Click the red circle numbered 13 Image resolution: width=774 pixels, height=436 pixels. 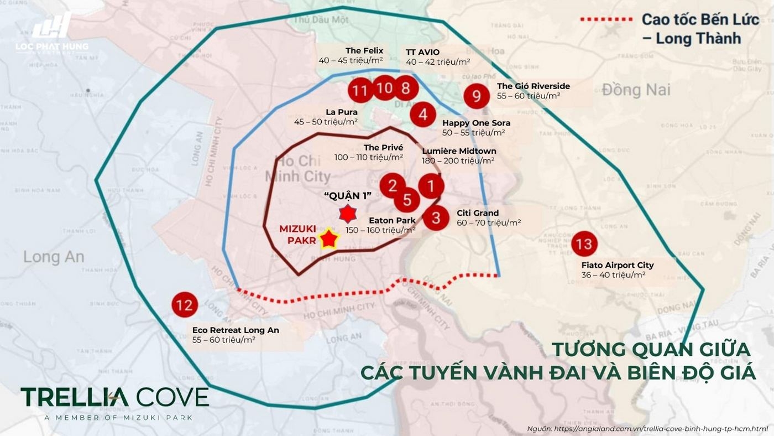(x=584, y=244)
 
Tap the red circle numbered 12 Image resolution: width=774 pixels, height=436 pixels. (x=185, y=305)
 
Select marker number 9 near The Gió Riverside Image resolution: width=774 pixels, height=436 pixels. (x=477, y=96)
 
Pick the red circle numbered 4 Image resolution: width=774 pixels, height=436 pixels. (x=423, y=115)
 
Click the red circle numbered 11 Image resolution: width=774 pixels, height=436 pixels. (x=361, y=90)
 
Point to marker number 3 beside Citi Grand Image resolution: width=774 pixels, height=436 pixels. (x=436, y=217)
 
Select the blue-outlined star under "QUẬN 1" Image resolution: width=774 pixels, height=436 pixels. (x=347, y=213)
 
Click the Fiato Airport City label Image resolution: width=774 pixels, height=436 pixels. (x=618, y=265)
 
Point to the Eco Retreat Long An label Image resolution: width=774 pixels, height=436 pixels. (x=236, y=330)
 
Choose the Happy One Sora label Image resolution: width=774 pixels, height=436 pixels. (x=476, y=123)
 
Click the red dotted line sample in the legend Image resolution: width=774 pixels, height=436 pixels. (x=606, y=19)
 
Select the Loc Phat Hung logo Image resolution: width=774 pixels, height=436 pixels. (x=52, y=33)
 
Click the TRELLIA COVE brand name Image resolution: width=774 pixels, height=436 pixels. (x=115, y=397)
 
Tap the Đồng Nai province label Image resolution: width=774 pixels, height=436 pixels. (x=636, y=89)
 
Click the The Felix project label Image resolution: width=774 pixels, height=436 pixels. (x=364, y=51)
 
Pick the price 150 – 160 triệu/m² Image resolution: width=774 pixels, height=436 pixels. (x=380, y=230)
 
